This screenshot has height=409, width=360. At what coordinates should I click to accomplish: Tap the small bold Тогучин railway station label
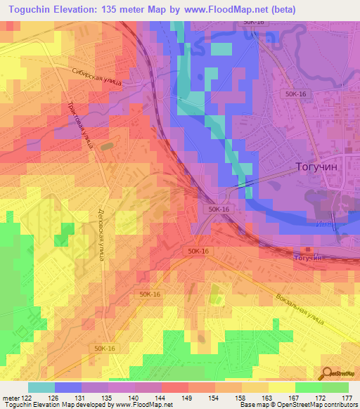[x=308, y=258]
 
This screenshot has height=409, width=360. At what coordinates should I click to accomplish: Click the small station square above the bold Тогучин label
[x=307, y=249]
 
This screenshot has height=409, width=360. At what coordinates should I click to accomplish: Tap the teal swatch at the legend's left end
[x=41, y=387]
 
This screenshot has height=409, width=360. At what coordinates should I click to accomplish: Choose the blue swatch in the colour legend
[x=67, y=387]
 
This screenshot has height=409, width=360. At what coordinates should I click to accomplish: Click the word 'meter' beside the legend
[x=10, y=398]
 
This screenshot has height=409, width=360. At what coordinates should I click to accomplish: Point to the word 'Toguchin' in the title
[x=32, y=10]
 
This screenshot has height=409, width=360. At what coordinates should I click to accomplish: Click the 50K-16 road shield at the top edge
[x=253, y=22]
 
